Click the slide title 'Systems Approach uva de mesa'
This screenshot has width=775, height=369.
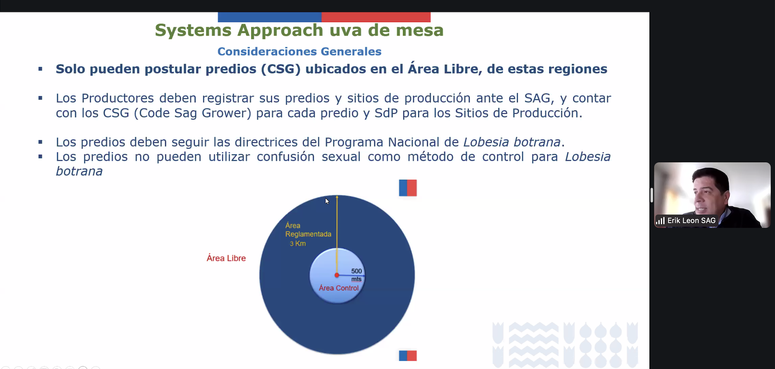coord(299,30)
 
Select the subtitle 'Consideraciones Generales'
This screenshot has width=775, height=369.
coord(299,52)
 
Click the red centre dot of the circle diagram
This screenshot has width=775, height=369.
coord(337,275)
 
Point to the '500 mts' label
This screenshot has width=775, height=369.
coord(356,275)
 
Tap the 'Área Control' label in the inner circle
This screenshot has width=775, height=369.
coord(339,288)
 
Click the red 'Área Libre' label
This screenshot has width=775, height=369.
coord(226,258)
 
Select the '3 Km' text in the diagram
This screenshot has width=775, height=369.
coord(298,243)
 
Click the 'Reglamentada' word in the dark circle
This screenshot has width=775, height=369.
coord(308,234)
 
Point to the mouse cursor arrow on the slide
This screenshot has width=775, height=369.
coord(327,201)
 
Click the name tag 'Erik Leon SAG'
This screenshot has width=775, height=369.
coord(691,221)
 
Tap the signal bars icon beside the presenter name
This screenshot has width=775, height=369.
coord(660,221)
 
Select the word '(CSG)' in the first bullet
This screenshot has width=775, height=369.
coord(281,69)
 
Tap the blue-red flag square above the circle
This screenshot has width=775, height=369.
coord(408,188)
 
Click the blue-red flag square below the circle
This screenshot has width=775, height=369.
coord(408,355)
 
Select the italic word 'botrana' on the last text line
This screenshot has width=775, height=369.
coord(79,171)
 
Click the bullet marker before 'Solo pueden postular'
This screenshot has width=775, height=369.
coord(40,69)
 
